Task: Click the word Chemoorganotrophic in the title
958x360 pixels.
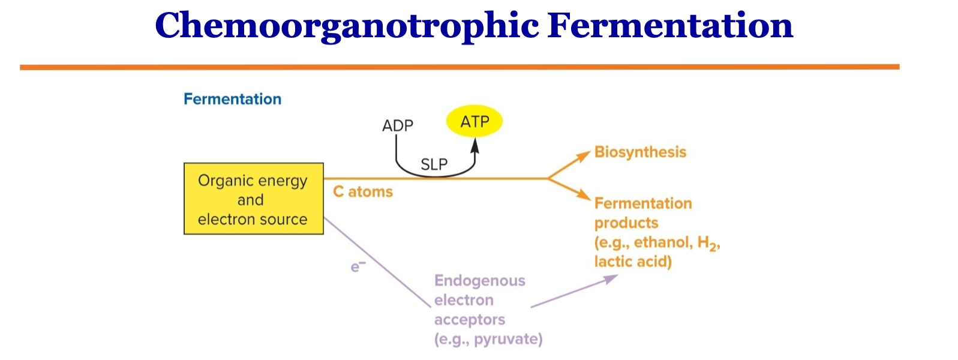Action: tap(347, 26)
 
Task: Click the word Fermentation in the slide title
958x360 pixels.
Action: tap(670, 26)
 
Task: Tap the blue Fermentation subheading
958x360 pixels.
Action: tap(232, 99)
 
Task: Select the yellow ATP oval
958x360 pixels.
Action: tap(475, 122)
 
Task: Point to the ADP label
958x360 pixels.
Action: tap(398, 126)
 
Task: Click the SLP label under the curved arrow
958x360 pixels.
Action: tap(434, 164)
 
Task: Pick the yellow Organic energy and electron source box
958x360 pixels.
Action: tap(253, 199)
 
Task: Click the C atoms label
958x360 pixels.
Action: tap(363, 192)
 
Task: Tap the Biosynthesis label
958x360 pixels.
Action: tap(640, 152)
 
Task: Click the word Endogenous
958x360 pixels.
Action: tap(479, 281)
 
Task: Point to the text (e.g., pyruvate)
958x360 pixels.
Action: tap(488, 340)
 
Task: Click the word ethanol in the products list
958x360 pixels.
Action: tap(662, 242)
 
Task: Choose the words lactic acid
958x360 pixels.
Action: tap(633, 262)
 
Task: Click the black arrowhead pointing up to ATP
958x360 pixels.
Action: tap(475, 144)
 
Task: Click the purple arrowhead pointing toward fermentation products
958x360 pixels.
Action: tap(611, 278)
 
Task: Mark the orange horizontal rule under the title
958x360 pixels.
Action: tap(460, 67)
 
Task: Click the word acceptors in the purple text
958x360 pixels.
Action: tap(470, 320)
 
